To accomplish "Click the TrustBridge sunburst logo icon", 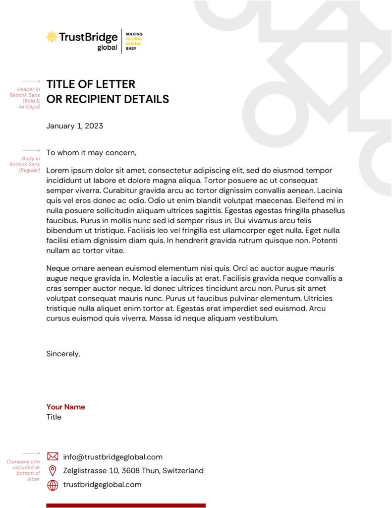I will coord(52,36).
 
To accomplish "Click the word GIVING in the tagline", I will coord(133,44).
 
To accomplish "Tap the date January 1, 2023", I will coord(74,126).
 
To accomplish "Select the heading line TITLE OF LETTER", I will coord(91,84).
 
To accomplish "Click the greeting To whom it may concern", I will coord(91,153).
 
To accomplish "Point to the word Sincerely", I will coord(63,354).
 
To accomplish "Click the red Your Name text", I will coord(65,407).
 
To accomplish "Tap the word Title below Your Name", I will coord(54,417).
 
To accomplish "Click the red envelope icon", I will coord(53,456).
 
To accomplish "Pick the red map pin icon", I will coord(53,470).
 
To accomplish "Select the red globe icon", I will coord(53,485).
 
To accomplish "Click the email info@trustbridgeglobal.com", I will coord(112,457).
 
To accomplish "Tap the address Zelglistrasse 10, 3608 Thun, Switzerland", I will coord(133,471).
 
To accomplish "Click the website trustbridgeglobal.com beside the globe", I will coord(102,485).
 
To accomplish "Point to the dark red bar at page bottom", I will coord(126,506).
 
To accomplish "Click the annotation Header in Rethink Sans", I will coord(26,98).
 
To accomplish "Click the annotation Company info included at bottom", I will coord(24,470).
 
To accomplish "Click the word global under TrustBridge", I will coord(107,48).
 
